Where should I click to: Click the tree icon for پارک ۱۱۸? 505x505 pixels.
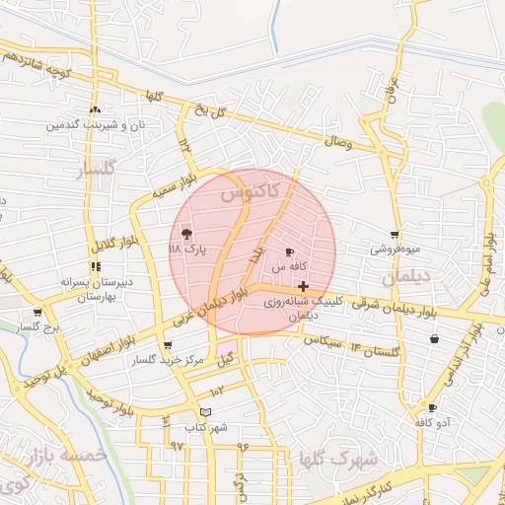pyautogui.click(x=187, y=234)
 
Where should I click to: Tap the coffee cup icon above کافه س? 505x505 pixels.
pyautogui.click(x=289, y=252)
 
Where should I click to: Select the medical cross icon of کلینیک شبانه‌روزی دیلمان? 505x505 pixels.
pyautogui.click(x=303, y=286)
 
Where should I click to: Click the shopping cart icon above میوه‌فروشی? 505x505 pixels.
pyautogui.click(x=395, y=235)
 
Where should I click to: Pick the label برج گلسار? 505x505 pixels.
pyautogui.click(x=41, y=325)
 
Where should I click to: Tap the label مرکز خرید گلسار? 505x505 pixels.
pyautogui.click(x=168, y=361)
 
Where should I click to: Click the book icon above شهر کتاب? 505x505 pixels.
pyautogui.click(x=205, y=412)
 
